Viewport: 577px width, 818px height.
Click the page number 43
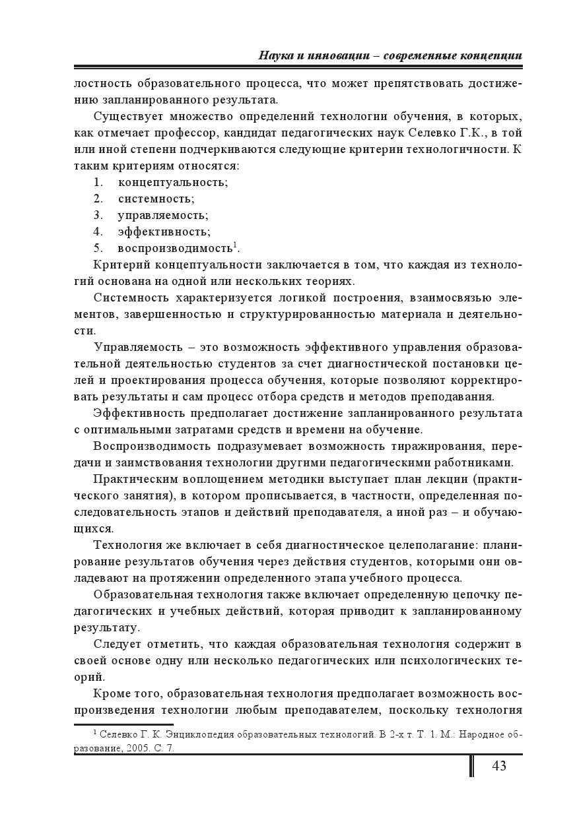tap(498, 766)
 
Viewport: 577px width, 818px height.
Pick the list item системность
tap(156, 199)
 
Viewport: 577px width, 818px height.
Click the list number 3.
tap(98, 215)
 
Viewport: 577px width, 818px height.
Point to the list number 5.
tap(98, 248)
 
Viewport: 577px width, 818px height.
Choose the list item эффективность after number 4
tap(164, 232)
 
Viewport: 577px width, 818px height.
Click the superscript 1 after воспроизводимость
tap(235, 245)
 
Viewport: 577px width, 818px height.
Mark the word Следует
tap(116, 644)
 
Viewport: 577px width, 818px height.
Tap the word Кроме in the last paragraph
tap(113, 693)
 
